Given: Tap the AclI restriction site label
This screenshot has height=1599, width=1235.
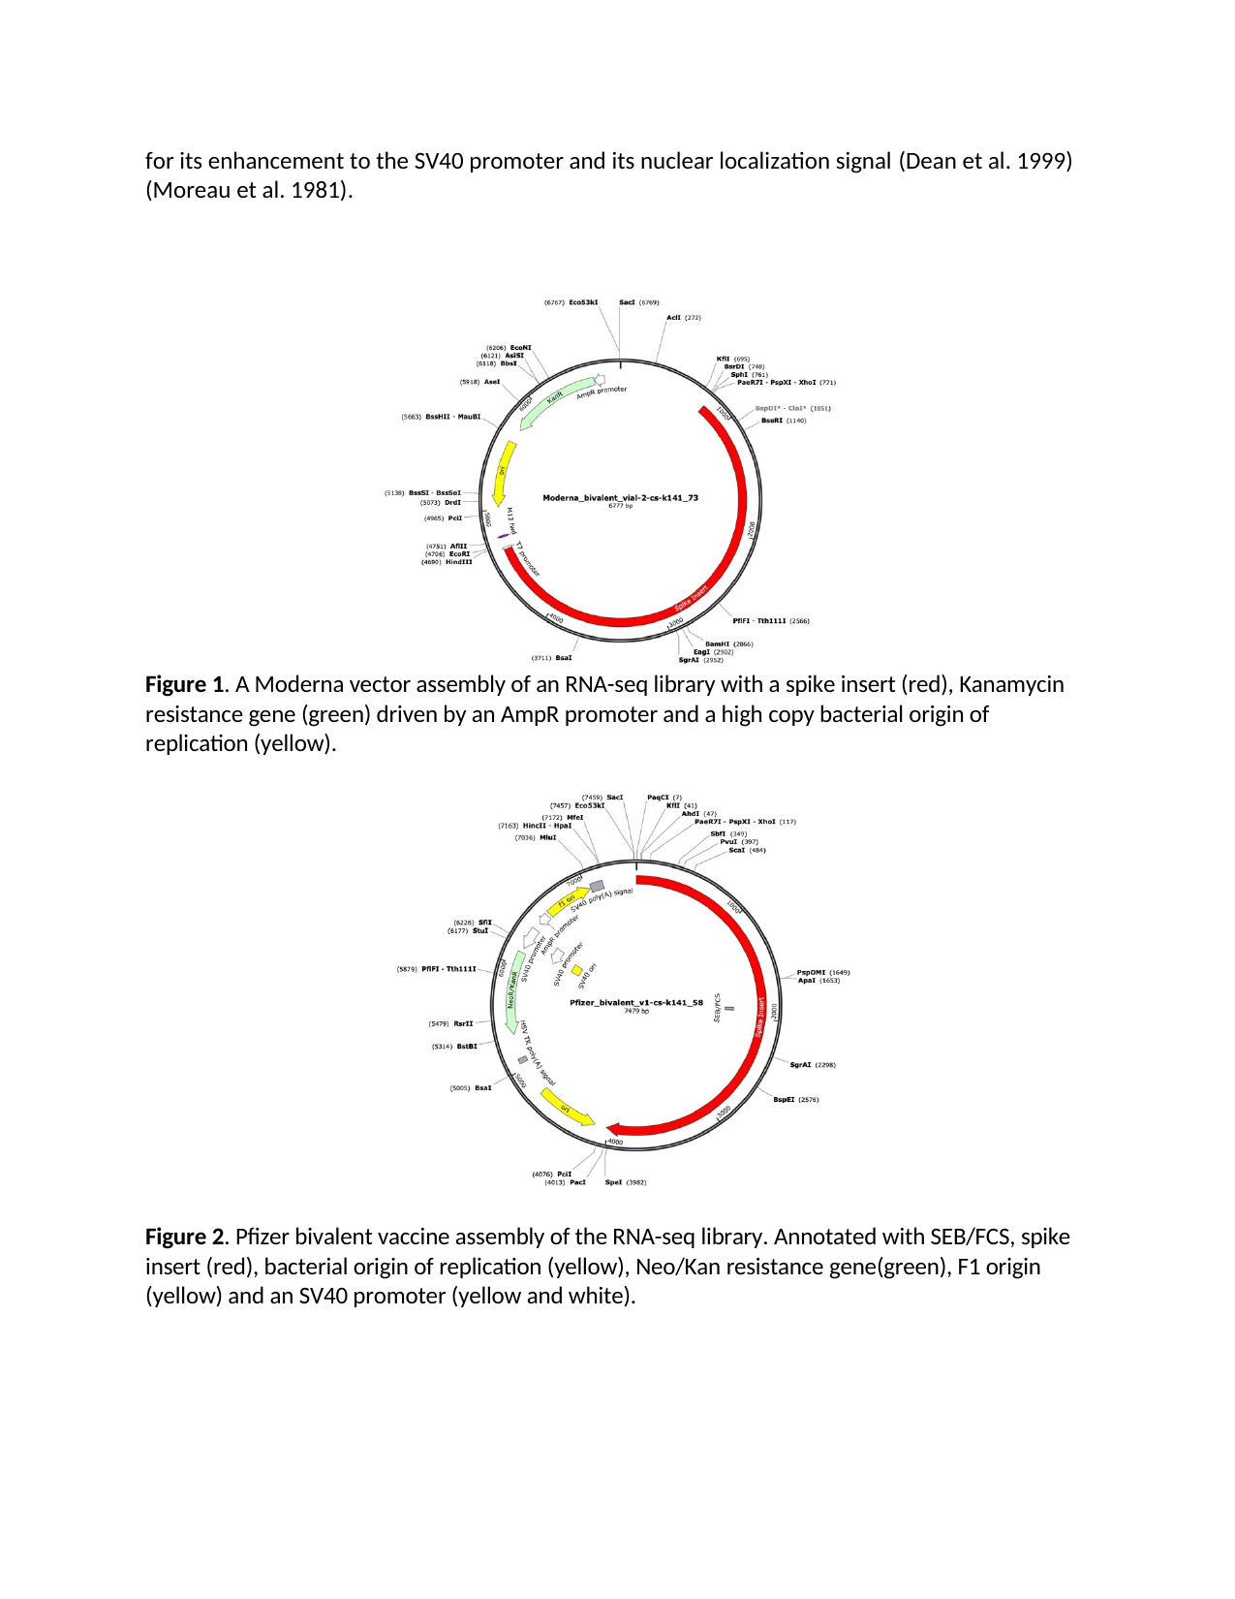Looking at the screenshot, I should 673,317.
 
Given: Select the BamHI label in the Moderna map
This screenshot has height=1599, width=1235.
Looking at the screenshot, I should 717,643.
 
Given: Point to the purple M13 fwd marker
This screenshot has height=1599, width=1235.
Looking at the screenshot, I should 503,536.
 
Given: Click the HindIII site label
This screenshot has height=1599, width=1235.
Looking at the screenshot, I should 458,562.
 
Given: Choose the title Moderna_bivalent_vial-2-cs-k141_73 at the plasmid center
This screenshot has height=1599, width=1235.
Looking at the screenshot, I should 620,498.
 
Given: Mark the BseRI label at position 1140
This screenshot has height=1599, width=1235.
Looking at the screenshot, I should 772,421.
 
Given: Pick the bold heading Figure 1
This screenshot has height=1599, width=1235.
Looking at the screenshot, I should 184,685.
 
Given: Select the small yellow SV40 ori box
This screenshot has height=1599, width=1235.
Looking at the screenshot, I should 577,970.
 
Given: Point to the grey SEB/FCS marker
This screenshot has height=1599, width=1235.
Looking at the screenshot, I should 729,1008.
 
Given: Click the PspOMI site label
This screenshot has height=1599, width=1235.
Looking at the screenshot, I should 811,972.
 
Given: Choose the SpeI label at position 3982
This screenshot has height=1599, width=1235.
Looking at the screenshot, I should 614,1182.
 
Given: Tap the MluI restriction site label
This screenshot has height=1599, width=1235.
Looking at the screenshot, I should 548,837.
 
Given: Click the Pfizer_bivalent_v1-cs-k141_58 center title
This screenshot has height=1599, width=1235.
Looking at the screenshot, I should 635,1003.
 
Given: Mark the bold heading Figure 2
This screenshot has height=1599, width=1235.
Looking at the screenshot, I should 184,1238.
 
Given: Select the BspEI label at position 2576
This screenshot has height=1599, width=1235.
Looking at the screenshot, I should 784,1100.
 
